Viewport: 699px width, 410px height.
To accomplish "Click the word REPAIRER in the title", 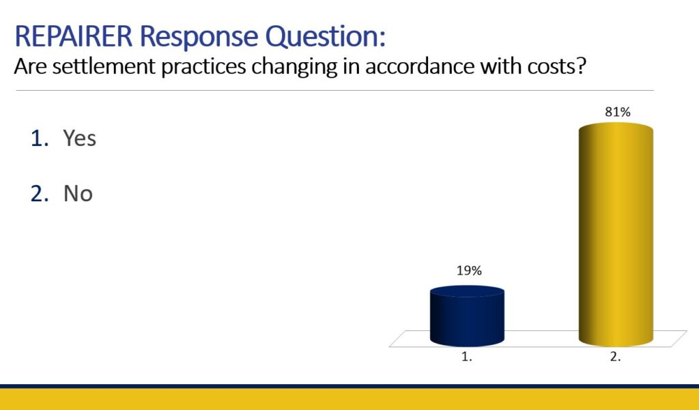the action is coord(74,36).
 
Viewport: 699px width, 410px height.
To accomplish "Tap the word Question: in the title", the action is coord(326,37).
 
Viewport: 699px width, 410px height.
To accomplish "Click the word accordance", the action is coord(420,66).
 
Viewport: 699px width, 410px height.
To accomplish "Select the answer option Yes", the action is coord(79,138).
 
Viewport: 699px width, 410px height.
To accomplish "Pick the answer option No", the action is coord(78,194).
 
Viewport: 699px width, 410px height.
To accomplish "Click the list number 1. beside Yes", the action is coord(40,138).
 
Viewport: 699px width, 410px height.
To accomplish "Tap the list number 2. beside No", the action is coord(40,194).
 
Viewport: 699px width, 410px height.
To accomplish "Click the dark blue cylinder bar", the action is coord(467,316).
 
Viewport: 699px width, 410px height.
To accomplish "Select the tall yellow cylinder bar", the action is coord(616,235).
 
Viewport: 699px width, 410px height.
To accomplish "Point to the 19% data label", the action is coord(469,271).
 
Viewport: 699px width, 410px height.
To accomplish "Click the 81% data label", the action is coord(617,113).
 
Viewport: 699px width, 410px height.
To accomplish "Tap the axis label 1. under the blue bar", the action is coord(466,357).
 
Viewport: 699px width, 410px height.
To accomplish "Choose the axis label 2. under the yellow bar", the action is coord(615,357).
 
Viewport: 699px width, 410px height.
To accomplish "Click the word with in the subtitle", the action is coord(501,66).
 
